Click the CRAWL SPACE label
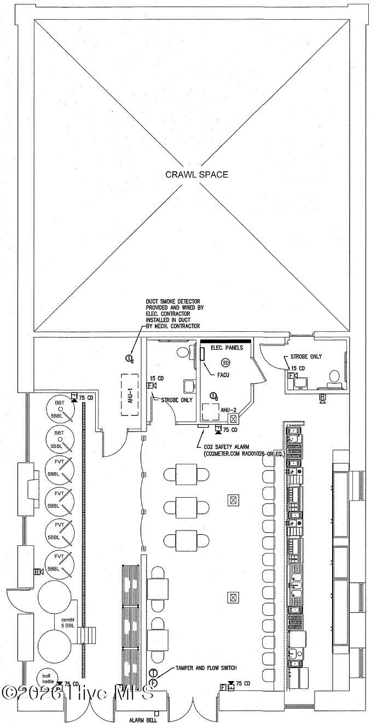(x=196, y=175)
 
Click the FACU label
(x=223, y=375)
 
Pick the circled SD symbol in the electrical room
(x=225, y=362)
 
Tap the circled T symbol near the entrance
(x=154, y=672)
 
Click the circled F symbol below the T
(x=154, y=683)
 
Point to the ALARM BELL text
(x=140, y=720)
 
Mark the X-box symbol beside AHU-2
(x=234, y=419)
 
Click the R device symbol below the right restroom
(x=323, y=397)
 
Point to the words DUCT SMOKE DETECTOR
(x=172, y=301)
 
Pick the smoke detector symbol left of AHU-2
(x=214, y=396)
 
